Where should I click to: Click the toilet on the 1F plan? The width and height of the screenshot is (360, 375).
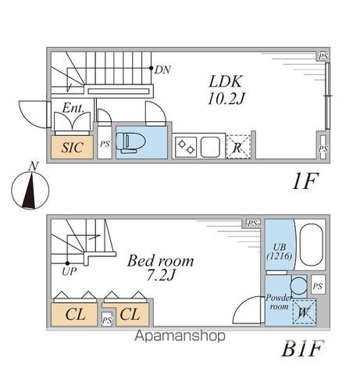[127, 142]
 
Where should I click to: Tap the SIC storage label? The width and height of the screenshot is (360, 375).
[73, 148]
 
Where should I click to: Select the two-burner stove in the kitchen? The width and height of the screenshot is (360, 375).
[186, 147]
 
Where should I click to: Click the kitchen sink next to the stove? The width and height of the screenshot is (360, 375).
[210, 147]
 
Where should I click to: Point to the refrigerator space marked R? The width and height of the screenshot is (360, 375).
[238, 147]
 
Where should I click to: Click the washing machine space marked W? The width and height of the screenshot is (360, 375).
[304, 312]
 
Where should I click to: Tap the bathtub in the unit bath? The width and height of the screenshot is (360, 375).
[312, 245]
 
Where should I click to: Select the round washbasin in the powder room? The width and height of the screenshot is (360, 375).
[298, 286]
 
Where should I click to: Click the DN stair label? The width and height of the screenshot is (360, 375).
[162, 70]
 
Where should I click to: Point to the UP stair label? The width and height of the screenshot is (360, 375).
[70, 272]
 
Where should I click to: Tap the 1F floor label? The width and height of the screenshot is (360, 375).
[305, 181]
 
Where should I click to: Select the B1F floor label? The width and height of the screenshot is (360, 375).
[303, 348]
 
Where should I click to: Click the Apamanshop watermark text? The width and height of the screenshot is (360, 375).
[180, 336]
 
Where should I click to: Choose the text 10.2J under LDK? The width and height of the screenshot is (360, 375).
[226, 99]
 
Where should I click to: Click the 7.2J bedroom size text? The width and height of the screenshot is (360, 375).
[160, 275]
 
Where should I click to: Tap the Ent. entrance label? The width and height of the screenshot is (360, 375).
[73, 108]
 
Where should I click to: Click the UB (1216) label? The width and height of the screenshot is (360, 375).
[280, 252]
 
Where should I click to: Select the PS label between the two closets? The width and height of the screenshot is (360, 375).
[107, 320]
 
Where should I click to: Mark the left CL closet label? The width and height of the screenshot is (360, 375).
[75, 314]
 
